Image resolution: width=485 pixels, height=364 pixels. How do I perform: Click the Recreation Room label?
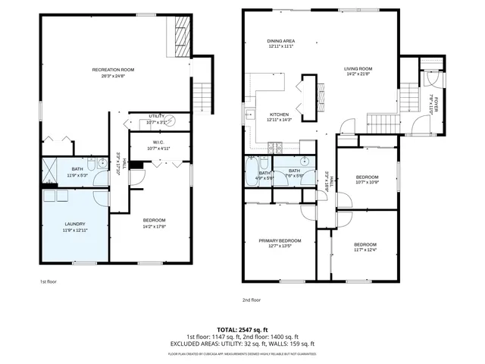tap(114, 70)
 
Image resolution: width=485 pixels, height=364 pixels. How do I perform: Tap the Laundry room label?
tap(74, 224)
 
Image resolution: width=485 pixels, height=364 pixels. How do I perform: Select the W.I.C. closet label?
tap(158, 142)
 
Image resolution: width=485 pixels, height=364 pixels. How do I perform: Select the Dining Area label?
tap(281, 40)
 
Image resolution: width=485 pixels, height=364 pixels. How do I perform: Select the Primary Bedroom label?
tap(280, 240)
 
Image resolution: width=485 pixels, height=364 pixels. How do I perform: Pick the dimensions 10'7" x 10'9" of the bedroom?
tap(366, 182)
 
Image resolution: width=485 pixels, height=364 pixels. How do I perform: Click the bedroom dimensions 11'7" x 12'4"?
tap(365, 250)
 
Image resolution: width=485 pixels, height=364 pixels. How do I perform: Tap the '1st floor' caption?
tap(49, 281)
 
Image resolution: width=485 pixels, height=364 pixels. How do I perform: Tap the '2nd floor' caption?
tap(252, 300)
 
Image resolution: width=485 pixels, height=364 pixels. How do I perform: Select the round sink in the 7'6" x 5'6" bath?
tap(303, 162)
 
